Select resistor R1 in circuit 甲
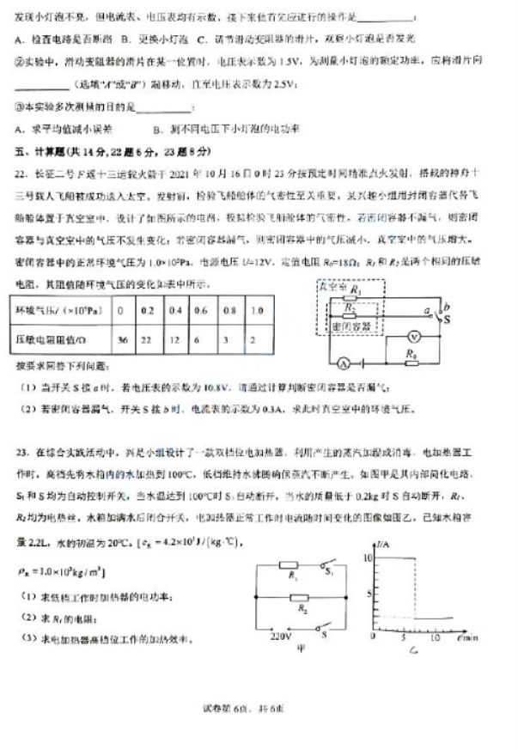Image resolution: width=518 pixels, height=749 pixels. [x=289, y=567]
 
